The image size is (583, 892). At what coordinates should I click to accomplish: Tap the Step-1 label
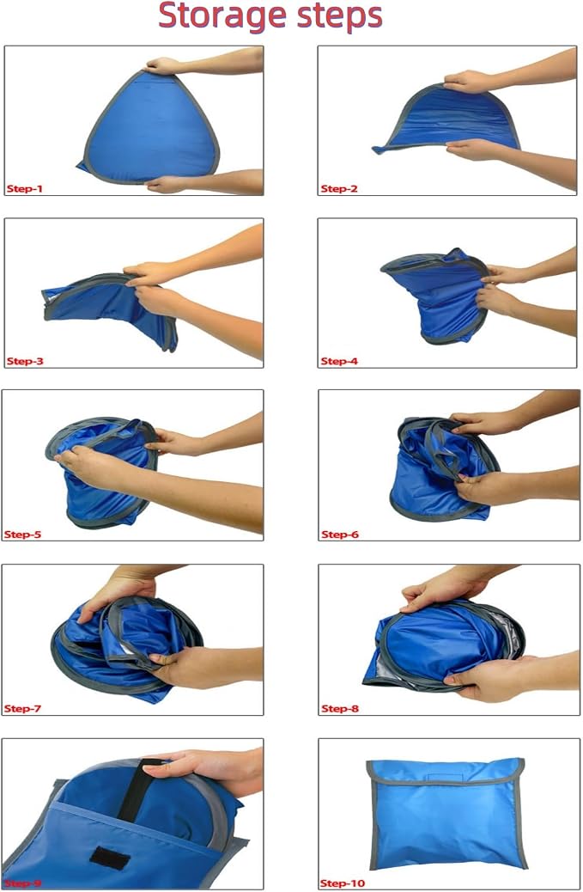pos(24,189)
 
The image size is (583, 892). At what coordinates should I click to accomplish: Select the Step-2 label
pos(339,189)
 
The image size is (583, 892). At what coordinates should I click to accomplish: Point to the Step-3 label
pos(25,361)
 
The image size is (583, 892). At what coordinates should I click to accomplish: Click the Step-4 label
pos(339,361)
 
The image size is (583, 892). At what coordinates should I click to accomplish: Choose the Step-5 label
pos(22,535)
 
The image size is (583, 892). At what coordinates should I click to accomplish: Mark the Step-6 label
pos(340,535)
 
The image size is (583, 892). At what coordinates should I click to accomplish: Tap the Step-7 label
pos(22,709)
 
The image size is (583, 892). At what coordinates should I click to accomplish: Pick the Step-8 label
pos(340,709)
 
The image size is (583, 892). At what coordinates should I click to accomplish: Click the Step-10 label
pos(342,883)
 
